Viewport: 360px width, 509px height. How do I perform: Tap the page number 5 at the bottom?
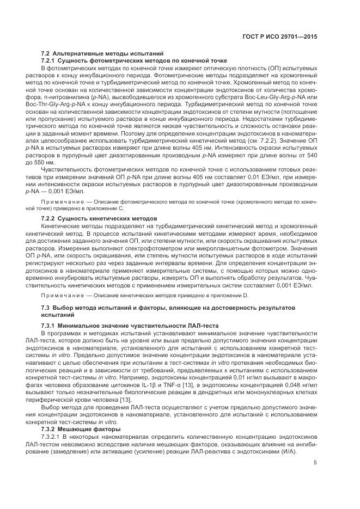point(315,463)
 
